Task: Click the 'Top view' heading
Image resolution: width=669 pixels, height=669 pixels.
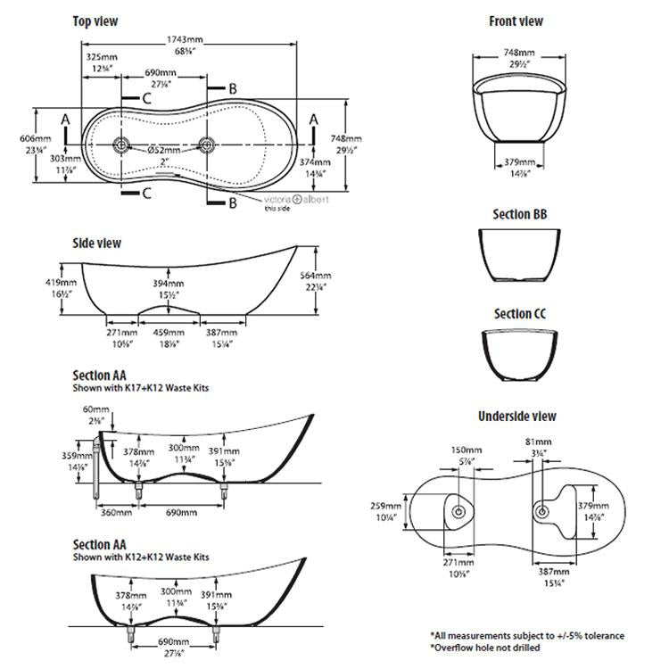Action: point(95,21)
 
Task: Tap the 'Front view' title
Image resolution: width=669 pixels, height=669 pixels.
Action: point(516,21)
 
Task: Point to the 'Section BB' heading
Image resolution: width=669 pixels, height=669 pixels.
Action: point(520,215)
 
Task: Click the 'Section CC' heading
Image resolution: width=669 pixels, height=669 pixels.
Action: point(520,314)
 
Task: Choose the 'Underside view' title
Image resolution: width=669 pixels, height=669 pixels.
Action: point(516,416)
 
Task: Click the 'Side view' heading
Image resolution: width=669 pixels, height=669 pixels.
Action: point(96,243)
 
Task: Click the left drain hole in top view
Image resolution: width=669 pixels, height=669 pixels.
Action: point(122,144)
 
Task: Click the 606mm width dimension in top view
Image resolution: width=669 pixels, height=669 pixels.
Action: point(29,138)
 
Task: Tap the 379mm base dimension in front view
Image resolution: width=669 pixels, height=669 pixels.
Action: point(517,162)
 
